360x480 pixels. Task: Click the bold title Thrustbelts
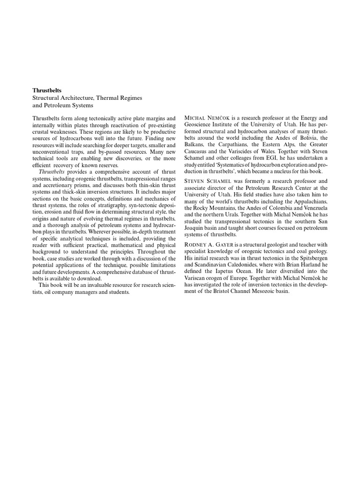(47, 90)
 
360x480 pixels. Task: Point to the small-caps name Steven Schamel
(207, 180)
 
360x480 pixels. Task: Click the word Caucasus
(197, 152)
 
